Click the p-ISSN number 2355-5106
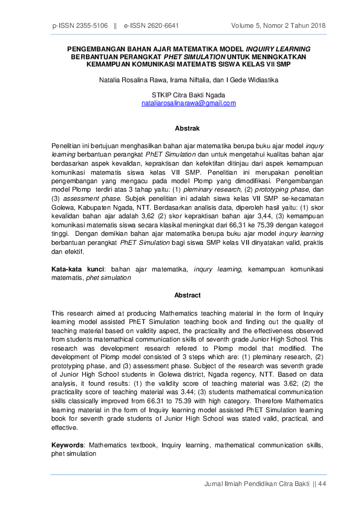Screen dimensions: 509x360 pos(91,26)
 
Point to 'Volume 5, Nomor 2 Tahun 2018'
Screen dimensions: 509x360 pos(278,26)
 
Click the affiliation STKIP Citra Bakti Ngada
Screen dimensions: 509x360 pos(188,96)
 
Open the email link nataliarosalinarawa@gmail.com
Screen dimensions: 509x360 pos(188,103)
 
